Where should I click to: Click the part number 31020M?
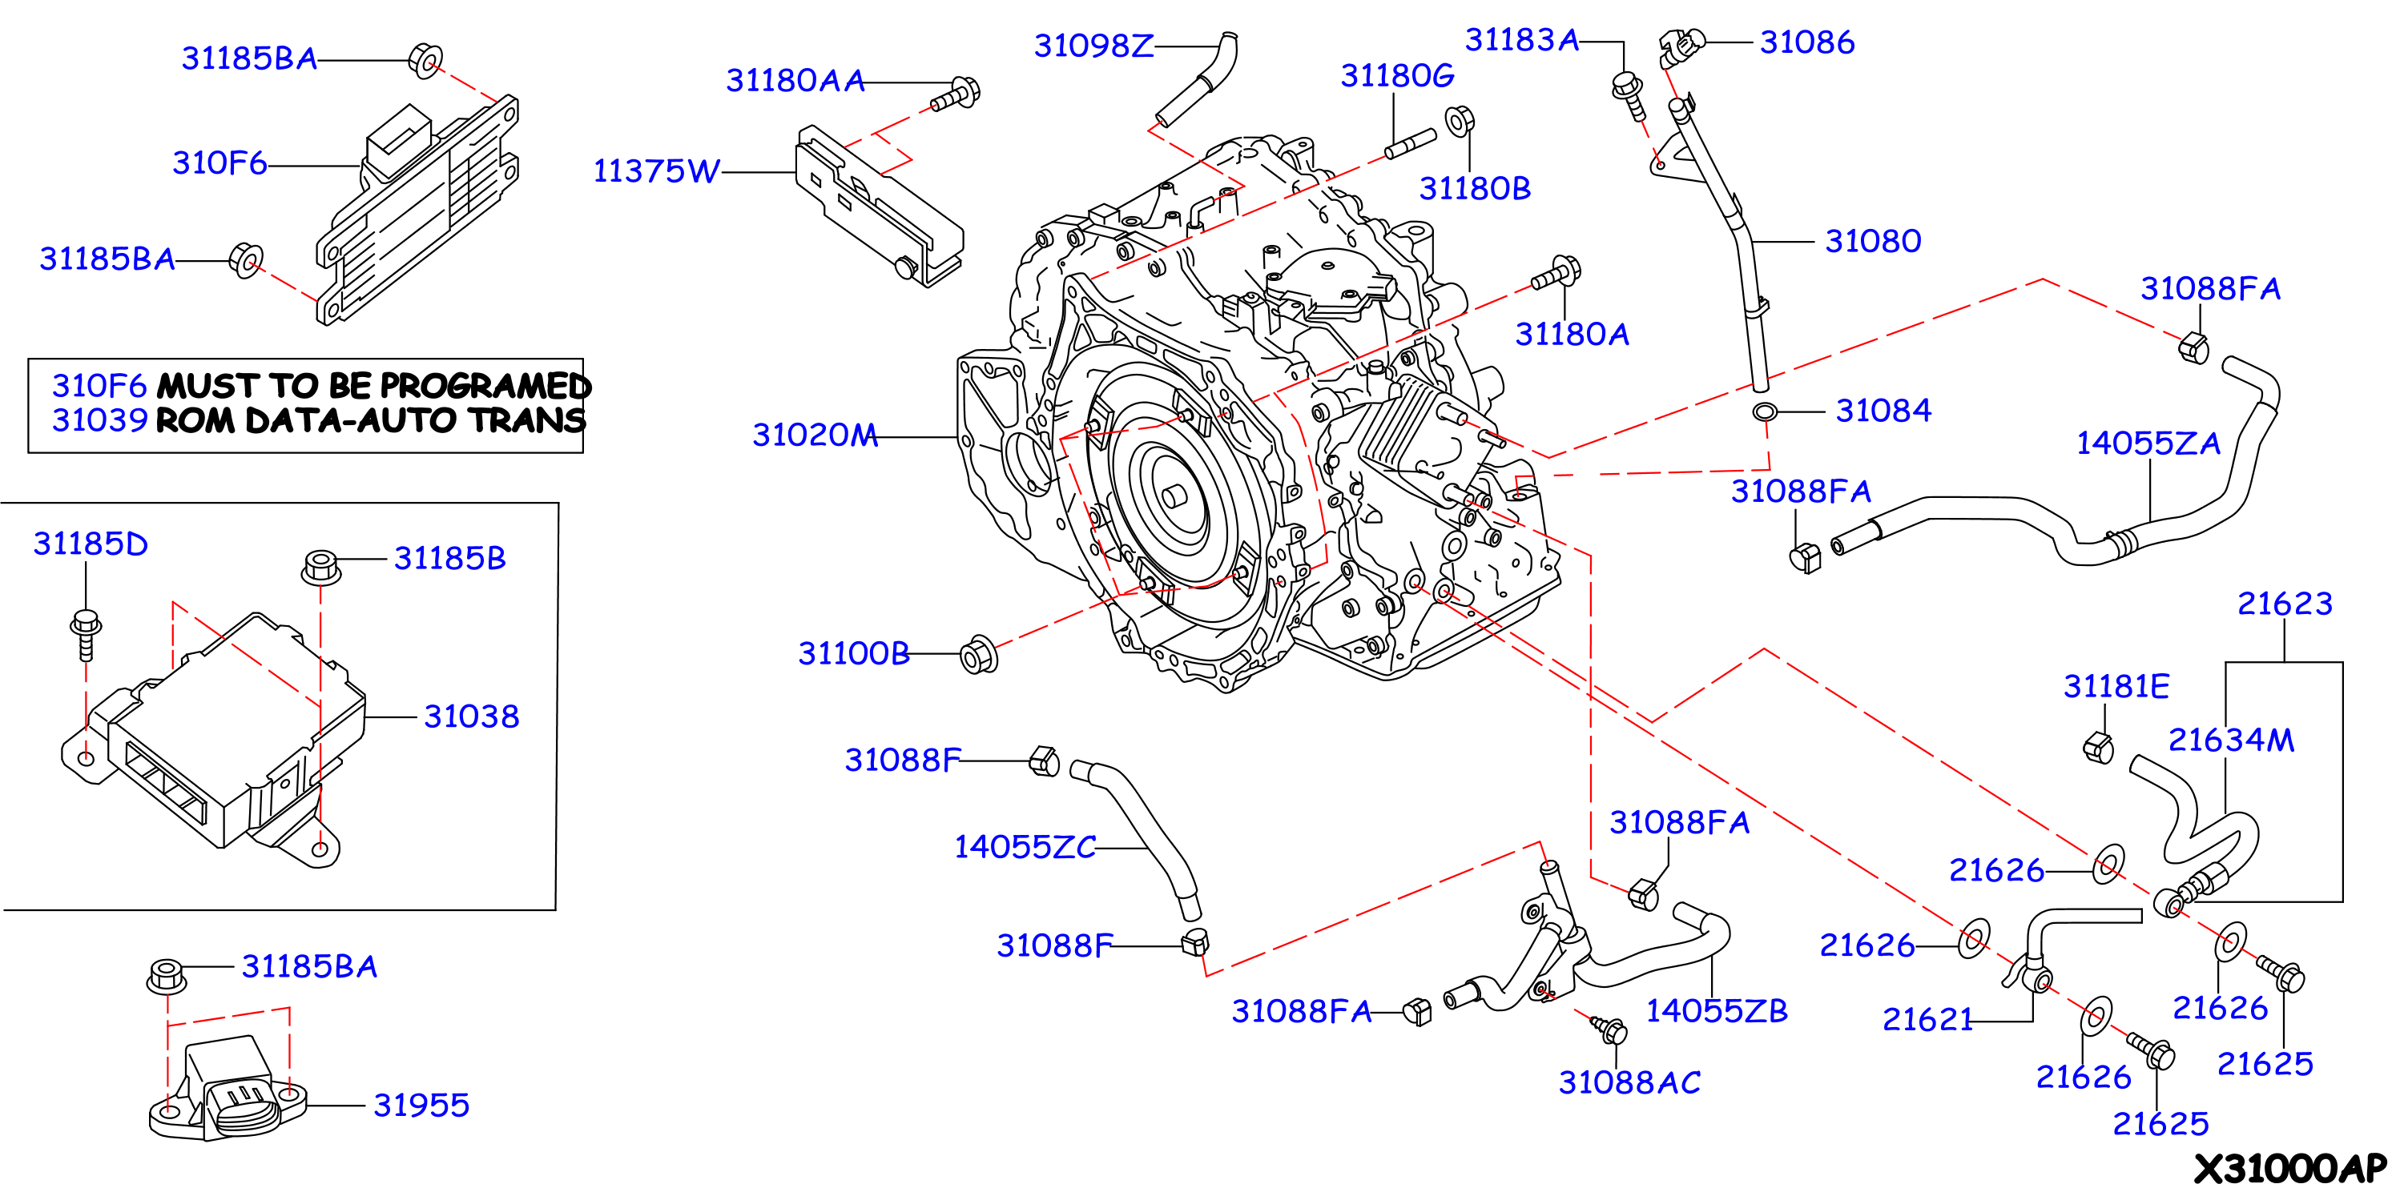coord(815,435)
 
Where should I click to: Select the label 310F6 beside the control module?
coord(219,163)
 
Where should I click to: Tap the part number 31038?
coord(472,716)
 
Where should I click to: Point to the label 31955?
coord(421,1106)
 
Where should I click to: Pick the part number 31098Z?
coord(1093,46)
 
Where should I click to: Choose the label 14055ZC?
coord(1025,846)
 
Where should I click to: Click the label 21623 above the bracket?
coord(2285,604)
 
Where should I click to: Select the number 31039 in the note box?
coord(99,419)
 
